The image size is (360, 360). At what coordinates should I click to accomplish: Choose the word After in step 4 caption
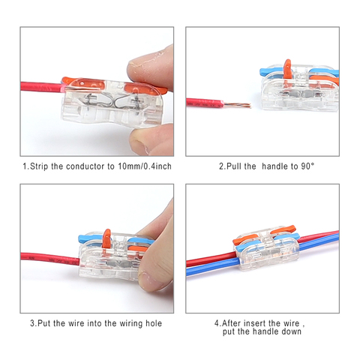coord(235,323)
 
